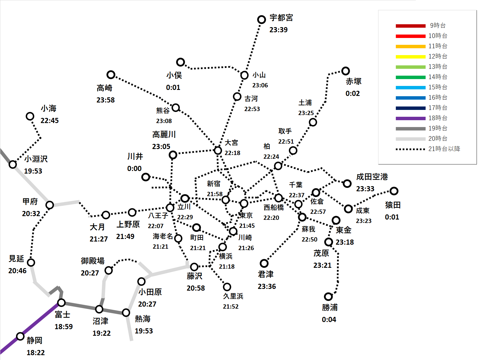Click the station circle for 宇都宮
click(261, 19)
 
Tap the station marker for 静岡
click(20, 336)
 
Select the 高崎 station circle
click(111, 75)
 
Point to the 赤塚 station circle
click(346, 71)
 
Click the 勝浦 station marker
click(328, 297)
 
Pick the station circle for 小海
click(30, 116)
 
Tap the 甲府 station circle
click(50, 205)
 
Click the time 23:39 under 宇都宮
click(279, 30)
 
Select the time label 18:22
click(36, 353)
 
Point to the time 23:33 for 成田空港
click(365, 189)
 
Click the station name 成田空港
click(372, 177)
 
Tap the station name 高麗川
click(164, 134)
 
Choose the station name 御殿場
click(93, 261)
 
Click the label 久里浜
click(233, 296)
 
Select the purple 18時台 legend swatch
click(411, 118)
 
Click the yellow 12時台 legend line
click(411, 57)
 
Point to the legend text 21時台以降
click(444, 149)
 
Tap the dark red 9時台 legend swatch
click(411, 26)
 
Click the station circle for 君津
click(264, 263)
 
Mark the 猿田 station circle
click(394, 191)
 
